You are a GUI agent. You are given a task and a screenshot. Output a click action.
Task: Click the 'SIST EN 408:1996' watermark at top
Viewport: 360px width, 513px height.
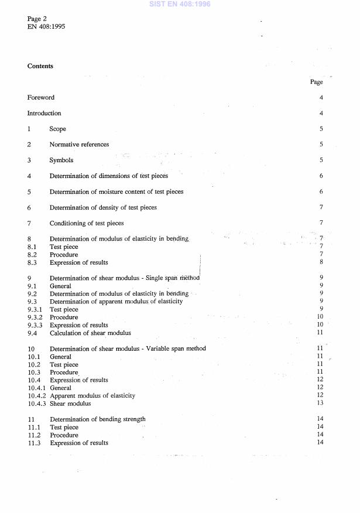click(180, 4)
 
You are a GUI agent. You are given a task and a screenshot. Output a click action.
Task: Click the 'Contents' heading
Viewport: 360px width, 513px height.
click(40, 66)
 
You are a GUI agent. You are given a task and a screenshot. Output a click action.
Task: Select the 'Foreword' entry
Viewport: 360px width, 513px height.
click(41, 98)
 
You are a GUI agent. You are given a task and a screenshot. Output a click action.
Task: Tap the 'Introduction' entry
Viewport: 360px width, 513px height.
click(44, 113)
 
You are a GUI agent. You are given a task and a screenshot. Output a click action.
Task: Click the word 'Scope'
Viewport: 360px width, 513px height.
click(58, 129)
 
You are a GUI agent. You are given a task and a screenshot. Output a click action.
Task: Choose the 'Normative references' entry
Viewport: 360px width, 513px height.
click(79, 145)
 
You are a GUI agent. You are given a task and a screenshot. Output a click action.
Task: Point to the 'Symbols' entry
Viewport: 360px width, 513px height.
click(61, 160)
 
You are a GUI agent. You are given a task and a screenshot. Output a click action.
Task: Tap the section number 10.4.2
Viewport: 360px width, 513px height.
click(37, 396)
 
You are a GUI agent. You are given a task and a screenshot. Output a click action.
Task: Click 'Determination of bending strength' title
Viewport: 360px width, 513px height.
click(98, 419)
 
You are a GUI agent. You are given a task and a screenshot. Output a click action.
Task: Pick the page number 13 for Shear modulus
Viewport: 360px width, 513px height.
click(320, 403)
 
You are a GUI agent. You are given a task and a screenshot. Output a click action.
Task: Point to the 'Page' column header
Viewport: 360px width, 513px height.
click(316, 83)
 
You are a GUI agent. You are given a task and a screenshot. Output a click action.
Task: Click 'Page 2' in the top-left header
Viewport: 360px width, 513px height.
click(37, 19)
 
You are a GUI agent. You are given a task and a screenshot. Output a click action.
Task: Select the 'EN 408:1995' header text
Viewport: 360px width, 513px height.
click(46, 27)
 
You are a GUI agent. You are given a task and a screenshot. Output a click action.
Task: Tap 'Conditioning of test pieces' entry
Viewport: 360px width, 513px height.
click(87, 223)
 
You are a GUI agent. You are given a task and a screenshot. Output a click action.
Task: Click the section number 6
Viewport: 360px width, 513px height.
click(29, 207)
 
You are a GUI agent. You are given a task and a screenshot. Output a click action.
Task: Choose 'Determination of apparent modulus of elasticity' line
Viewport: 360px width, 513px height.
click(116, 302)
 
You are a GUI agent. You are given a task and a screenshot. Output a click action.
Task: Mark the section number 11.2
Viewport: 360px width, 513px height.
click(34, 435)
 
